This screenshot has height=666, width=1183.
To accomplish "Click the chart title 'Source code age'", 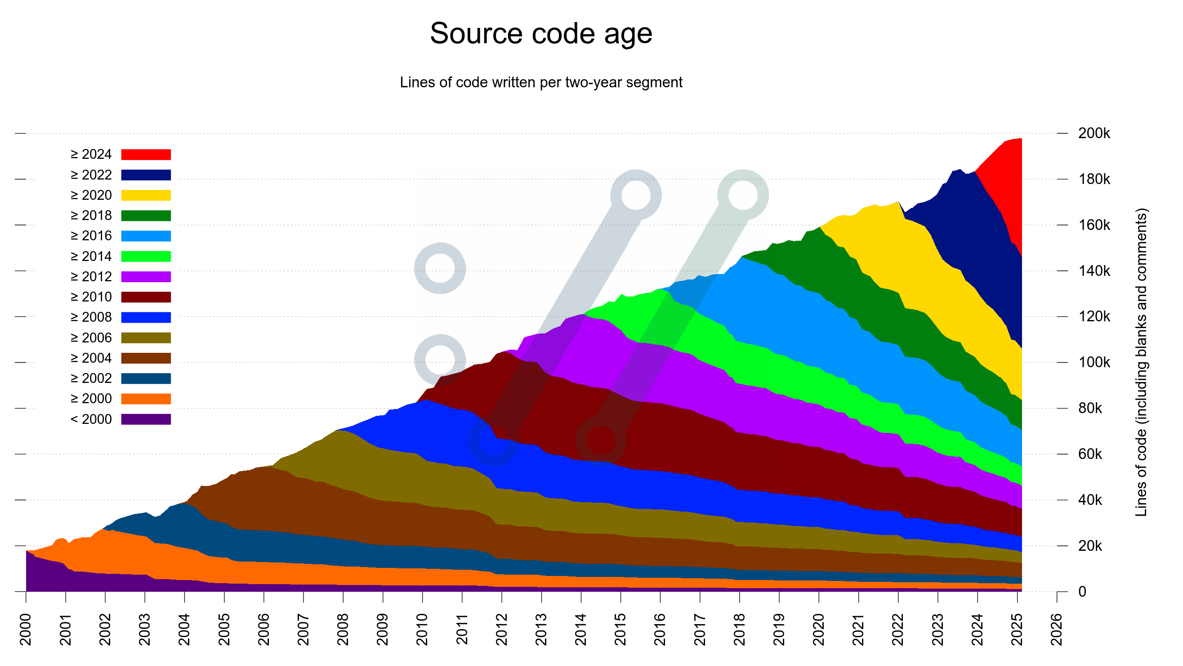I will pos(540,34).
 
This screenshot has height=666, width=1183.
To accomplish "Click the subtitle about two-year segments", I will pos(540,82).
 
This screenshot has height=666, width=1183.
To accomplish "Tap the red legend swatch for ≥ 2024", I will pos(146,154).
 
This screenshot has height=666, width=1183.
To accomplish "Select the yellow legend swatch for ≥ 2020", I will pos(146,195).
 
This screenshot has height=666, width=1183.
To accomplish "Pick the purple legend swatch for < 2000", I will pos(146,419).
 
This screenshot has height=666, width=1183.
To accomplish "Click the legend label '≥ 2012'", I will pos(91,277).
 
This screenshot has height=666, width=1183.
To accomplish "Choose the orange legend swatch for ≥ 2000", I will pos(146,399).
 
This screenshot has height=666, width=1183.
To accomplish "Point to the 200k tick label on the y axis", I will pos(1094,133).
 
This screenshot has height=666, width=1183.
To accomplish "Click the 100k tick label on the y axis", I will pos(1094,363).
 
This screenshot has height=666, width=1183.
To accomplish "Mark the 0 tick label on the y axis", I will pos(1082,592).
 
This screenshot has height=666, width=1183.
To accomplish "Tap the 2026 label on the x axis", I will pos(1056,629).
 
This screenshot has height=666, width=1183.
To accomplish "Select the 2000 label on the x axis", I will pos(26,629).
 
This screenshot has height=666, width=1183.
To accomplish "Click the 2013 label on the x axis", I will pos(541,629).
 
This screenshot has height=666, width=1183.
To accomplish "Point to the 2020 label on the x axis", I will pos(818,629).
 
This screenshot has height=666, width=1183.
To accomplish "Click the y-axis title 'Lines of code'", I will pos(1141,363).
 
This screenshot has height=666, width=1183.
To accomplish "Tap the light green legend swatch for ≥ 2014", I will pos(146,256).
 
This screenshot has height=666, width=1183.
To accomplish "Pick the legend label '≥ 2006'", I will pos(91,338).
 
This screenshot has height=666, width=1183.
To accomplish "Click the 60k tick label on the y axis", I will pos(1090,454).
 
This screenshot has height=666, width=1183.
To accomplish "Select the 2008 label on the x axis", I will pos(343,629).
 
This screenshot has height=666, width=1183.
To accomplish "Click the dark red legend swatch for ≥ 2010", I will pos(146,297).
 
